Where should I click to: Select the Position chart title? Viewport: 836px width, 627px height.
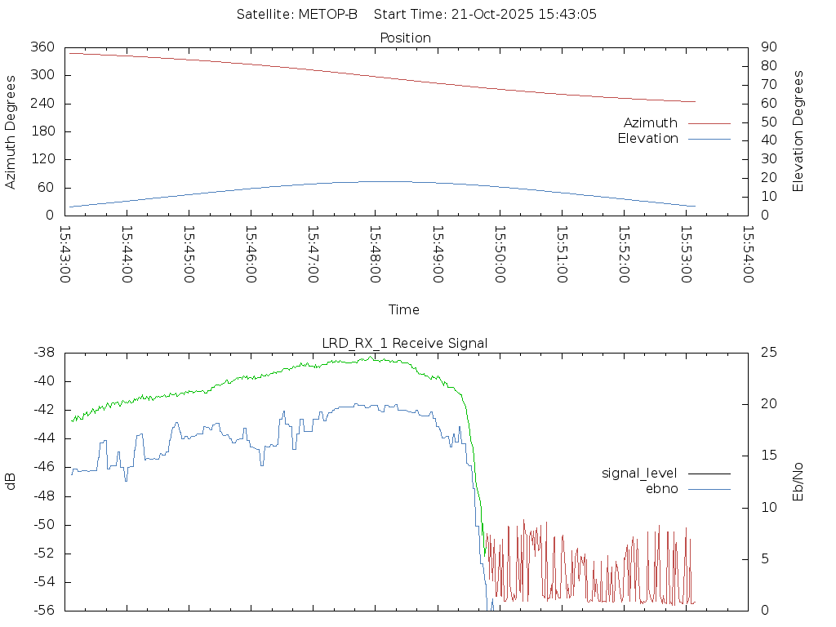(x=406, y=38)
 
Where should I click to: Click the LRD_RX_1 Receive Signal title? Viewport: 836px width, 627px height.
(x=405, y=344)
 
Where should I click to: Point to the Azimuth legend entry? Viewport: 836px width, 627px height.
(x=651, y=123)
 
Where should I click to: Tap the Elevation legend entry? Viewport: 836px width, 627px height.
(x=647, y=139)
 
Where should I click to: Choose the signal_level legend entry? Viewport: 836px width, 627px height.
(x=639, y=474)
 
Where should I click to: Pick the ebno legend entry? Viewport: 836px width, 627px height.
(x=661, y=489)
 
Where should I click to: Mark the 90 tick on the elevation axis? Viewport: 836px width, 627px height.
(x=767, y=47)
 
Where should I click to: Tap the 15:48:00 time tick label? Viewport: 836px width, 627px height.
(x=375, y=255)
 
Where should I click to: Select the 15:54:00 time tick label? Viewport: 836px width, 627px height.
(x=747, y=255)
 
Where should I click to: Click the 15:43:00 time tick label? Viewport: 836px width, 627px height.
(x=65, y=255)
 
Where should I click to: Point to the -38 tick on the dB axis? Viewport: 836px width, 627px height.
(x=43, y=353)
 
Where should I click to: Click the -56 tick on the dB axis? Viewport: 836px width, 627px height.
(x=43, y=610)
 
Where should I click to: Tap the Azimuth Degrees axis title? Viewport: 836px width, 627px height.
(x=11, y=131)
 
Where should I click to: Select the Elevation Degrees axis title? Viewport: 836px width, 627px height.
(x=799, y=131)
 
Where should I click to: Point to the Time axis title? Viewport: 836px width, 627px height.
(x=404, y=310)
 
